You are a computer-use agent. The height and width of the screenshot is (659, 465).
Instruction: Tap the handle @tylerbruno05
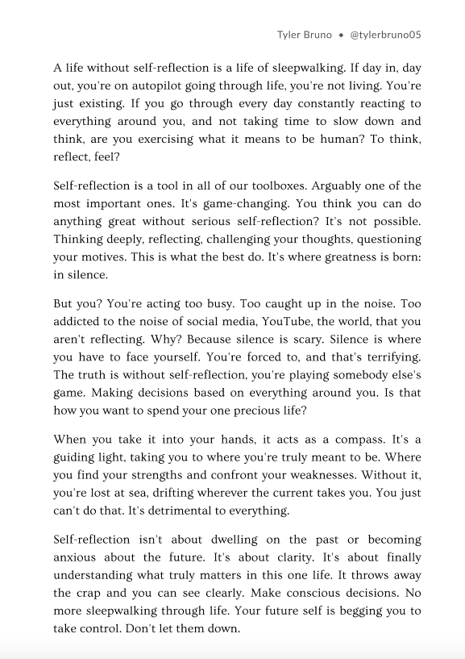(x=386, y=35)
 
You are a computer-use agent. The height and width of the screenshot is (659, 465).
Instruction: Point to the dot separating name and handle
(x=342, y=35)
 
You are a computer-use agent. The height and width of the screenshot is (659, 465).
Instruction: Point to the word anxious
(x=76, y=557)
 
